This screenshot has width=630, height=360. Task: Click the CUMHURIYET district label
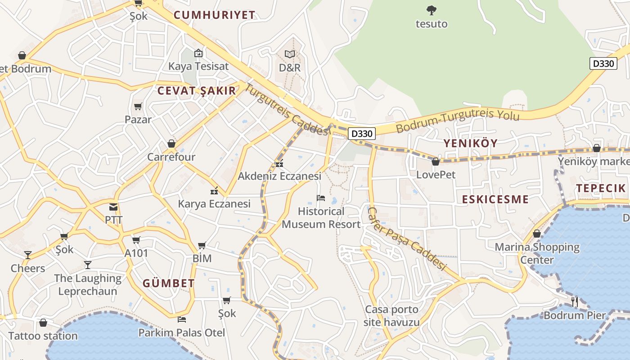click(x=214, y=15)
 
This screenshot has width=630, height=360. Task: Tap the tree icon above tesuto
click(x=432, y=9)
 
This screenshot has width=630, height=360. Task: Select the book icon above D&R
click(x=290, y=54)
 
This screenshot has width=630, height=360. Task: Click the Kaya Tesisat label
click(x=198, y=66)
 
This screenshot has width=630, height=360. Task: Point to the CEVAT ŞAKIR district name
click(x=196, y=90)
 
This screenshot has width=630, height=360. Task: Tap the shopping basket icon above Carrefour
click(x=171, y=144)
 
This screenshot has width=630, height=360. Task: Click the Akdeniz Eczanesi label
click(x=279, y=176)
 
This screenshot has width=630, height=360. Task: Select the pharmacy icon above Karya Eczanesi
click(x=214, y=191)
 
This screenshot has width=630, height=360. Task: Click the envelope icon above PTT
click(x=113, y=207)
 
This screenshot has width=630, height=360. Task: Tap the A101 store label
click(x=136, y=253)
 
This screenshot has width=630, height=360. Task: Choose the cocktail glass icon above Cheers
click(x=28, y=255)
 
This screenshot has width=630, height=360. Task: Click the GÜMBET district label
click(x=169, y=283)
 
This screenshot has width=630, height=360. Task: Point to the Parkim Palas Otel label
click(x=182, y=333)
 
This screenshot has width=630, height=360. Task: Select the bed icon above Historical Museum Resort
click(x=321, y=198)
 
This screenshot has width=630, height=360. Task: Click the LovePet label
click(x=436, y=175)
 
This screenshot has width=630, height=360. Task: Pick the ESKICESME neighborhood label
click(x=495, y=199)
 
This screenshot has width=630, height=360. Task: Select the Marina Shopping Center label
click(x=537, y=253)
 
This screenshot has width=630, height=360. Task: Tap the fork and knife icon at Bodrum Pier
click(x=574, y=301)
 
